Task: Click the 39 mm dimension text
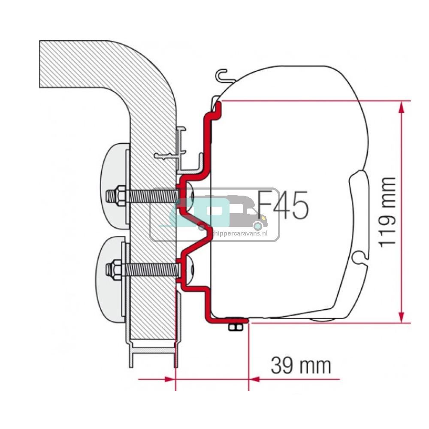[x=301, y=366]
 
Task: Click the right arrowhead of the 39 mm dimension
[x=254, y=379]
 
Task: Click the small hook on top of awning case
[x=222, y=76]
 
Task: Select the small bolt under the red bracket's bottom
[x=235, y=327]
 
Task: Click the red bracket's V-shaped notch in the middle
[x=205, y=232]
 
